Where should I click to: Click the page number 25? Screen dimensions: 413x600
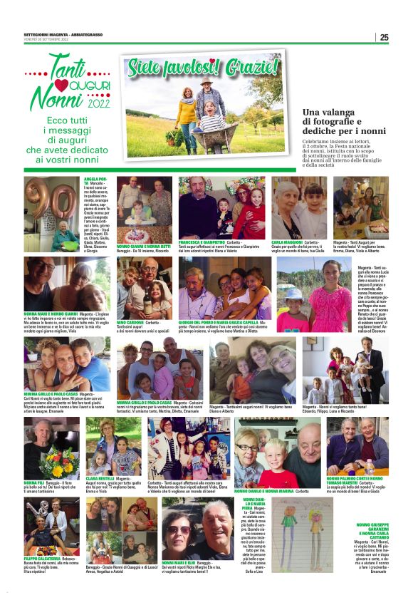click(x=384, y=38)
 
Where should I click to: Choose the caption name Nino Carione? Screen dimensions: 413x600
click(x=127, y=322)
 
